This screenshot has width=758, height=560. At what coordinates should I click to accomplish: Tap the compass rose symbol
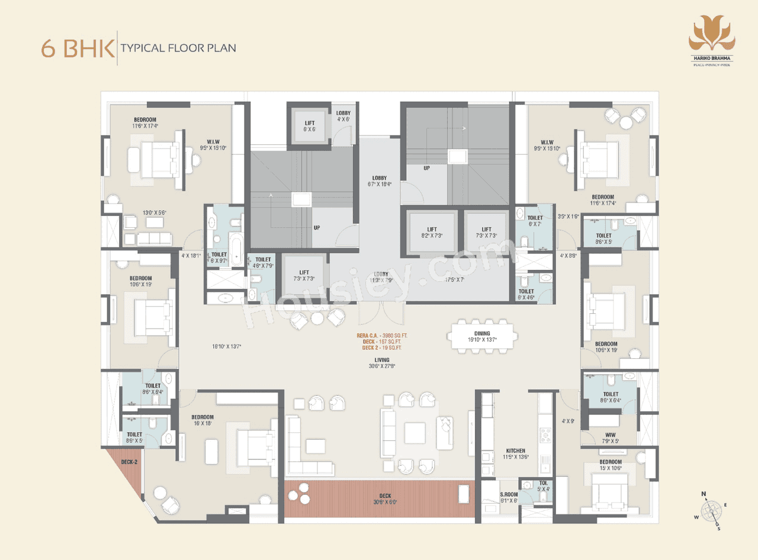pyautogui.click(x=711, y=510)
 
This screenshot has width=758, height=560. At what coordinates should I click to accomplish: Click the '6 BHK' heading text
pyautogui.click(x=78, y=48)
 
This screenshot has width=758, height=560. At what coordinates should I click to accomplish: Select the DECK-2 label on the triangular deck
pyautogui.click(x=129, y=462)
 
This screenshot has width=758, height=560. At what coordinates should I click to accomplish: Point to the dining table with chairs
pyautogui.click(x=480, y=338)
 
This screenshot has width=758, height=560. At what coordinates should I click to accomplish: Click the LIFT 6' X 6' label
pyautogui.click(x=310, y=126)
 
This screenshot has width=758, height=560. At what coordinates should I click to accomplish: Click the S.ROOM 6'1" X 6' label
pyautogui.click(x=509, y=497)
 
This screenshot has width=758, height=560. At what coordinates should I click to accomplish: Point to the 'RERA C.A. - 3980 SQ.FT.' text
pyautogui.click(x=382, y=336)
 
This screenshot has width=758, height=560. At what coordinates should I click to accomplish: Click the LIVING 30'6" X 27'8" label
pyautogui.click(x=381, y=363)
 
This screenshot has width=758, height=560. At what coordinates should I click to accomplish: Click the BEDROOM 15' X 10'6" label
pyautogui.click(x=610, y=465)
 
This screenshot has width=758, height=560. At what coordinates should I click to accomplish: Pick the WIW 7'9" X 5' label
pyautogui.click(x=610, y=437)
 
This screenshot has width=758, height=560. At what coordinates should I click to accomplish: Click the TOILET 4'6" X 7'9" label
pyautogui.click(x=262, y=262)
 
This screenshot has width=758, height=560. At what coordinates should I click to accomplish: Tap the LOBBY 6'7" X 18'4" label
pyautogui.click(x=379, y=181)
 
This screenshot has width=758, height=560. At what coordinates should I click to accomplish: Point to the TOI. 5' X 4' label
pyautogui.click(x=544, y=486)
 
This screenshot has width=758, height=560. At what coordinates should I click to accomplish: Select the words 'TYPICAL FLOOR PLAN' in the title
pyautogui.click(x=178, y=48)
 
